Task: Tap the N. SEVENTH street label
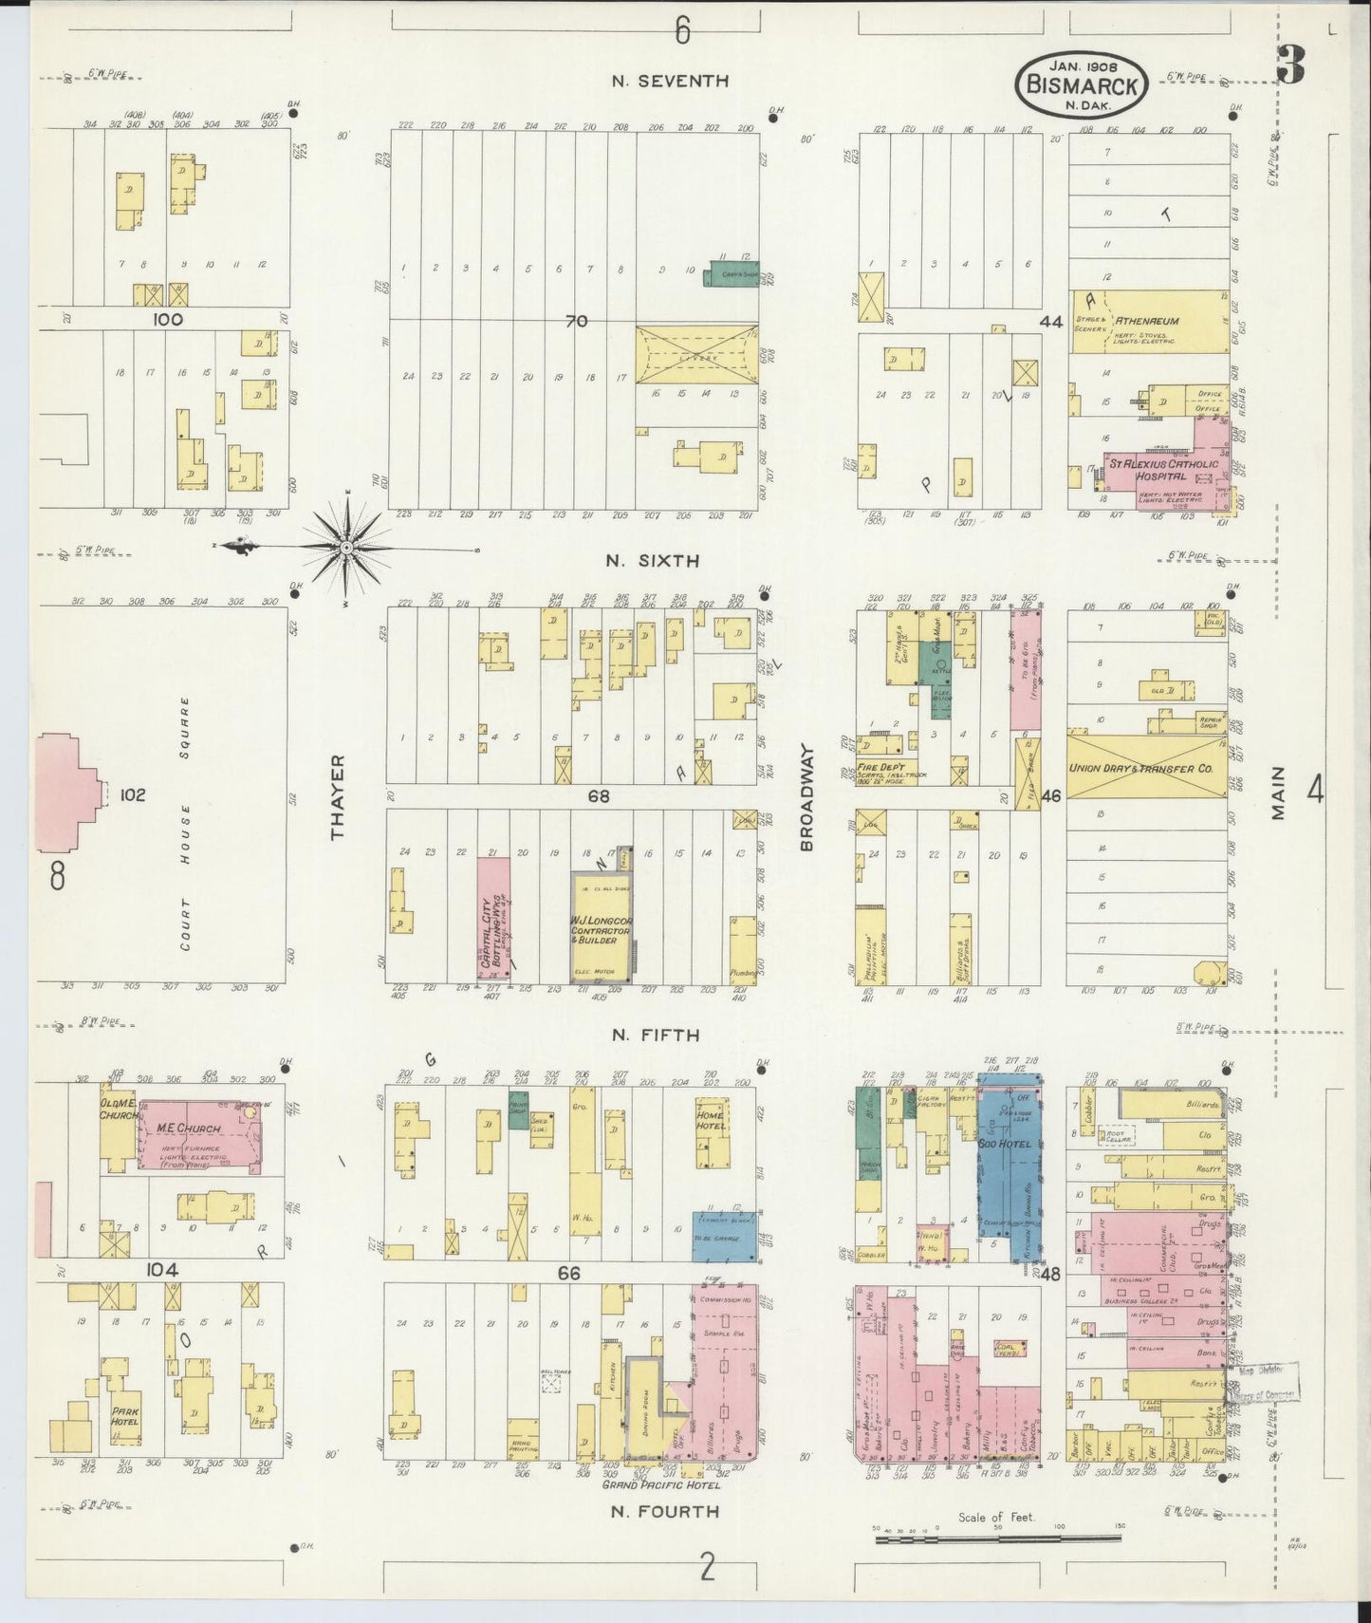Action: [x=670, y=82]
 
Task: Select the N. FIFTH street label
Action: [x=656, y=1035]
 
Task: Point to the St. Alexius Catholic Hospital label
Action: [x=1159, y=470]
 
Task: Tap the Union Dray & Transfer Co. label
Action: [x=1146, y=767]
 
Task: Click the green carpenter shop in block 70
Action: [x=730, y=273]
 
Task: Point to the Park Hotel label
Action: [x=125, y=1416]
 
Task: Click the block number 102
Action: [x=133, y=794]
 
